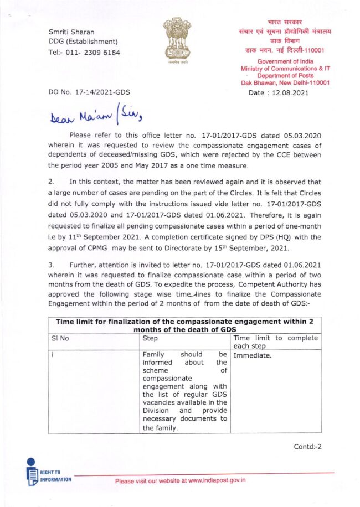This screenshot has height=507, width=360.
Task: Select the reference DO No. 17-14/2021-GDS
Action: [89, 92]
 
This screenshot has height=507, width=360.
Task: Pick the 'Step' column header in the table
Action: [150, 338]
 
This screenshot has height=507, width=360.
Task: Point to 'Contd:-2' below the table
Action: [307, 446]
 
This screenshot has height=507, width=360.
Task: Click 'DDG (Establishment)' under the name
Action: [83, 42]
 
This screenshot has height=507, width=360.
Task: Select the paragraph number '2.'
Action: [51, 182]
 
